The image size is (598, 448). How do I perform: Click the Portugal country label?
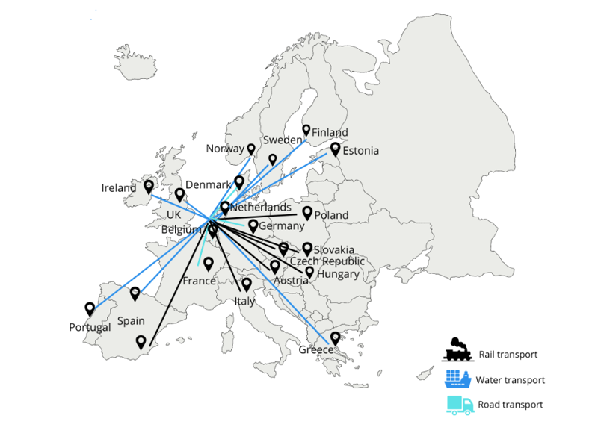[90, 327]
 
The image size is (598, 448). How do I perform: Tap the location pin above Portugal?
[90, 309]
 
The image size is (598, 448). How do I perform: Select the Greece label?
[314, 349]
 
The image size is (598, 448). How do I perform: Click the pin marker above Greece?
[336, 338]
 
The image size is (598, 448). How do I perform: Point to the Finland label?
[330, 132]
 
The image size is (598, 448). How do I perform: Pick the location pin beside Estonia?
[336, 149]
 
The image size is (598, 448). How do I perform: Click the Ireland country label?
[119, 188]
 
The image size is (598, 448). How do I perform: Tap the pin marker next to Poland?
[306, 213]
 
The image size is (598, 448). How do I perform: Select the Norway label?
[225, 149]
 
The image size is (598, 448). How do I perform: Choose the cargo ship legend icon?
[457, 379]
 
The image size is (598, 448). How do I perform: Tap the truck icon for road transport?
[459, 405]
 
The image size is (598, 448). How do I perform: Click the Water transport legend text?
[510, 380]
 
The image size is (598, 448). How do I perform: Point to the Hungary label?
[338, 274]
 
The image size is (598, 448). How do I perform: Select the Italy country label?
[244, 302]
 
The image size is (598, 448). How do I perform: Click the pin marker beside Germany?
[253, 225]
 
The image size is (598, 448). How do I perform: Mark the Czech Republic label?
[327, 261]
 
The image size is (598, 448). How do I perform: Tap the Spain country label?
[130, 322]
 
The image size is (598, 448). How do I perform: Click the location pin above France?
[209, 264]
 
